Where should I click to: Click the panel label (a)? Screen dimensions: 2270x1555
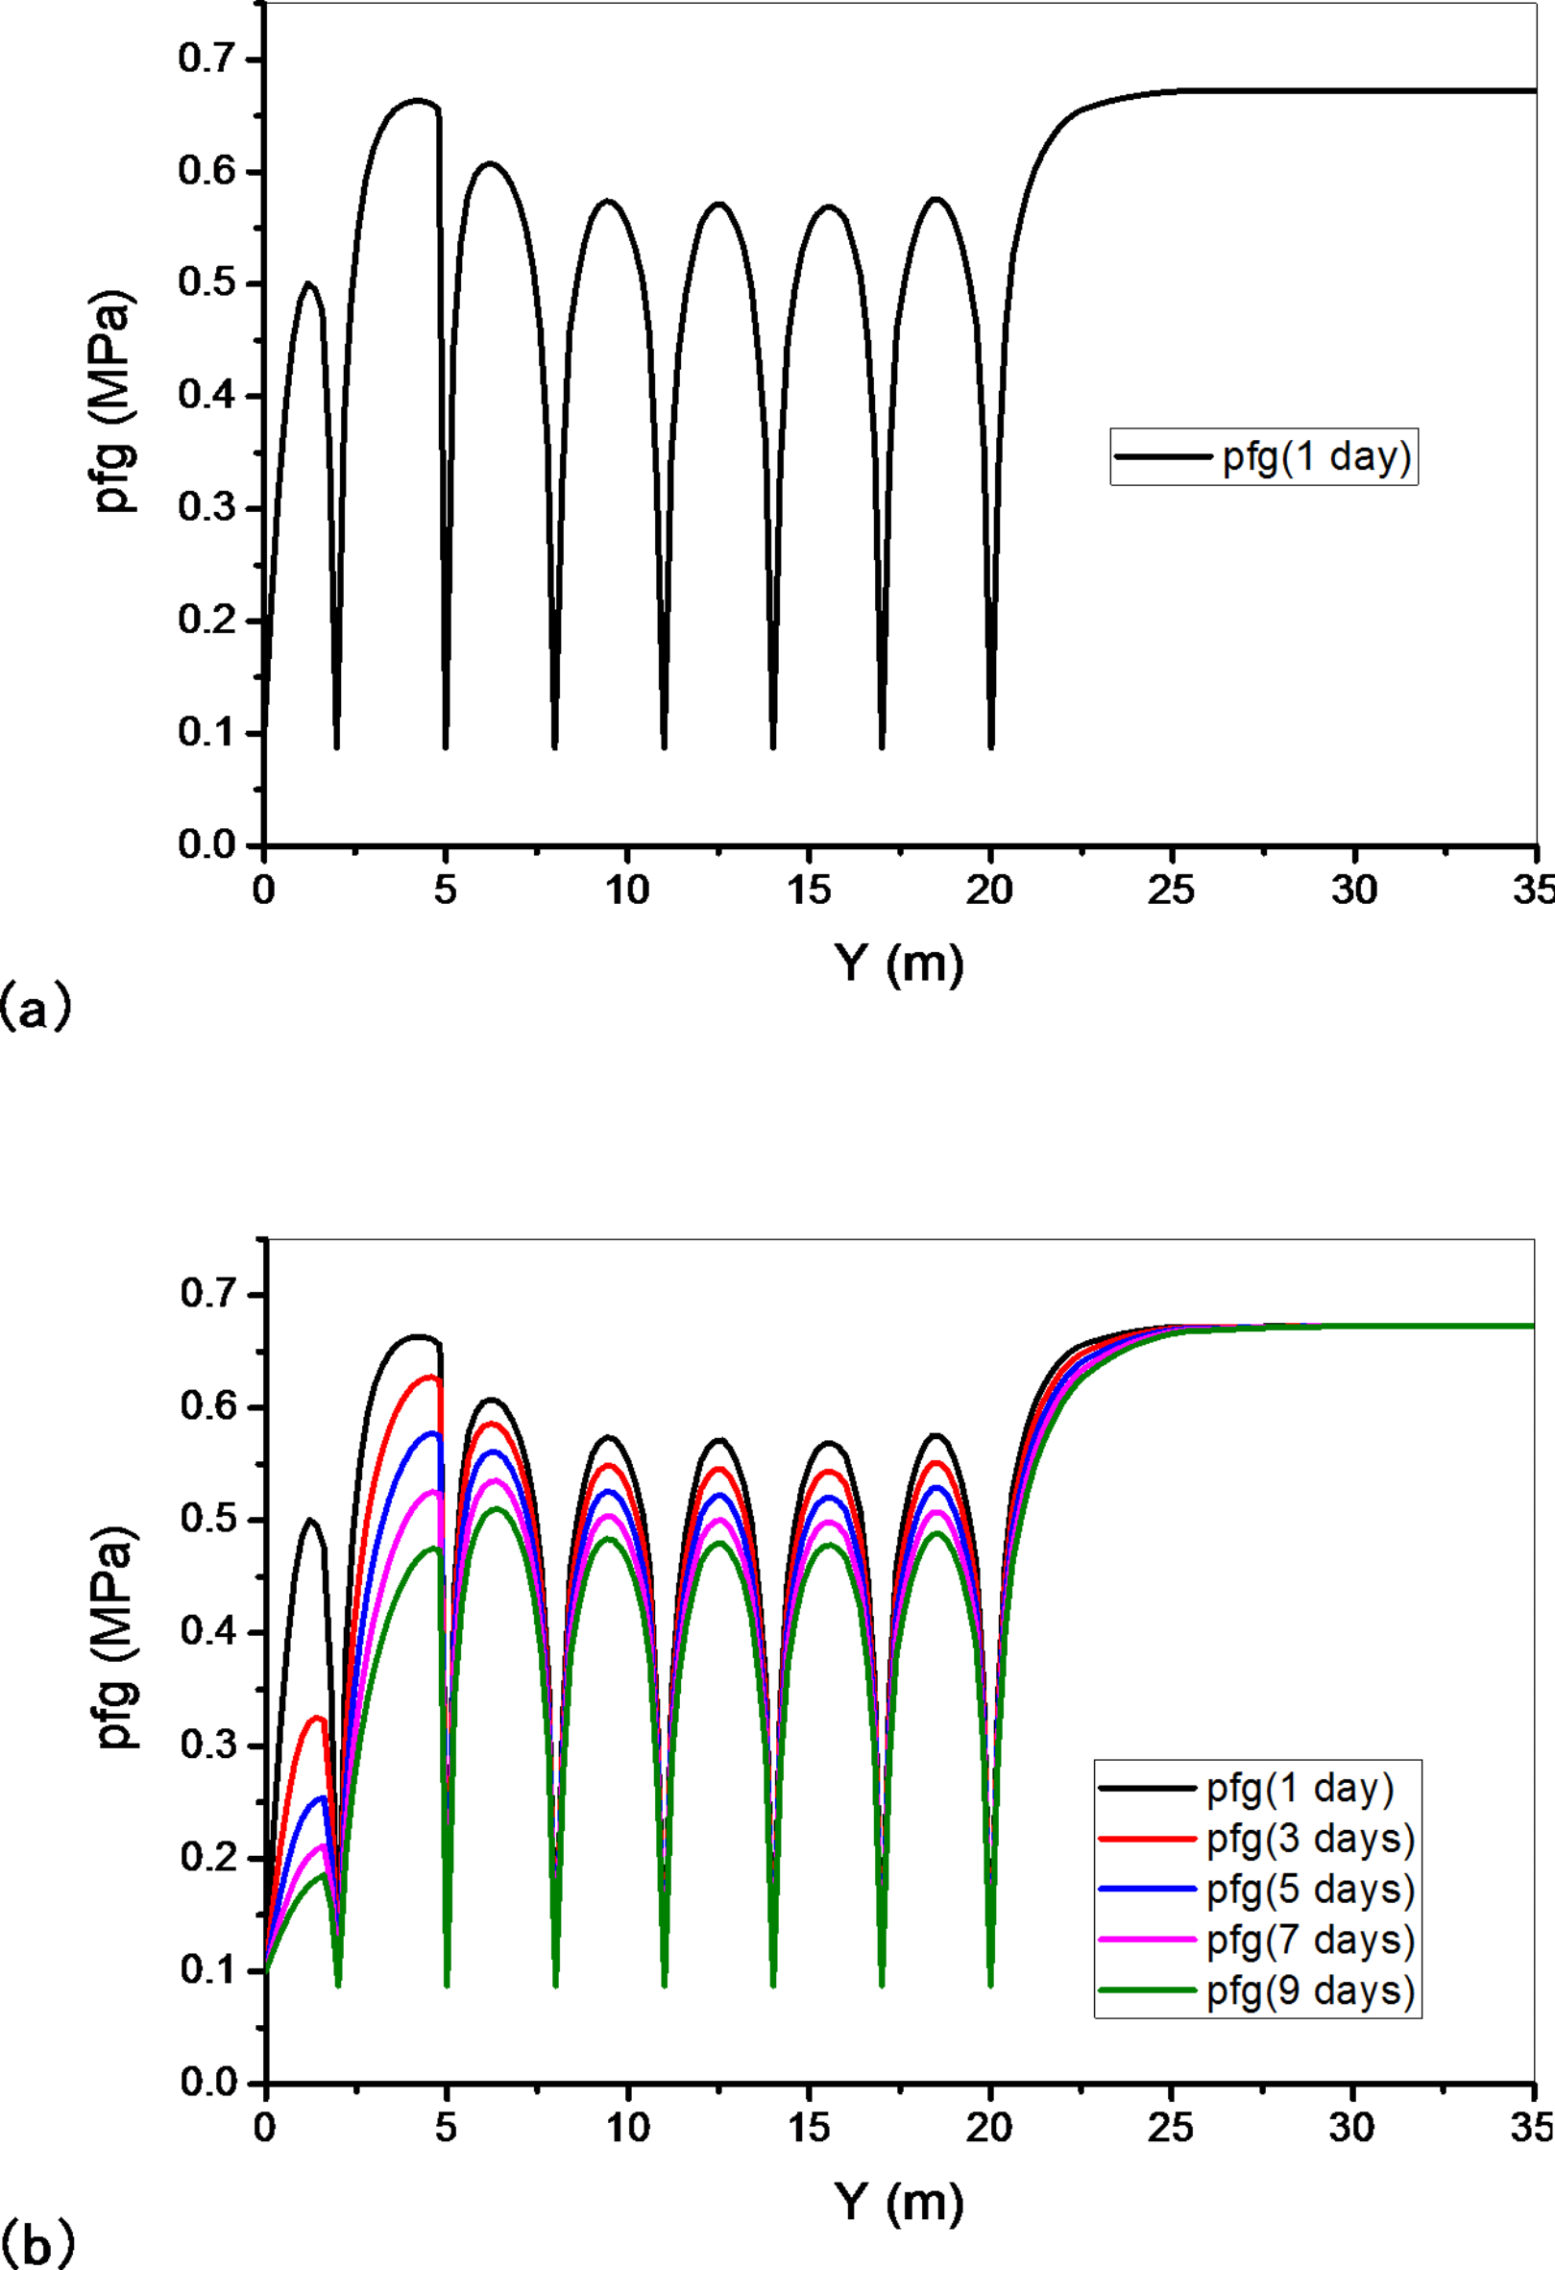[36, 1008]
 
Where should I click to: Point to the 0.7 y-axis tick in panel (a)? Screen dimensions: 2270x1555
[207, 60]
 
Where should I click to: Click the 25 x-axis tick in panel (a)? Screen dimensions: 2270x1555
[1172, 890]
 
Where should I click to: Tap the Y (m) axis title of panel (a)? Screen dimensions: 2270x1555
[899, 964]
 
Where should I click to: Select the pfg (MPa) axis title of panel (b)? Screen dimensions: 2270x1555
[117, 1637]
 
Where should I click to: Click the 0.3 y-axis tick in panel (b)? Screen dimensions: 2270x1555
[208, 1745]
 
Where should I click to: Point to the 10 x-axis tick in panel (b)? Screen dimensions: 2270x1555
[627, 2128]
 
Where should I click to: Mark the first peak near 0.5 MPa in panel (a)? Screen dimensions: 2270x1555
[308, 284]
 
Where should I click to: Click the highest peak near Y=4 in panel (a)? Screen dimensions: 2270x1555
[418, 100]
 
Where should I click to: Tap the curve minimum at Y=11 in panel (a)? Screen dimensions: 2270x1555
[665, 747]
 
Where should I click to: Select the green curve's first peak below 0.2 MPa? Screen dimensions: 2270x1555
[324, 1874]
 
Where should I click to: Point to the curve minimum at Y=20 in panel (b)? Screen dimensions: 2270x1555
[990, 1983]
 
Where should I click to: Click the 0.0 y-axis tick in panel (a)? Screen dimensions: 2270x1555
[207, 845]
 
